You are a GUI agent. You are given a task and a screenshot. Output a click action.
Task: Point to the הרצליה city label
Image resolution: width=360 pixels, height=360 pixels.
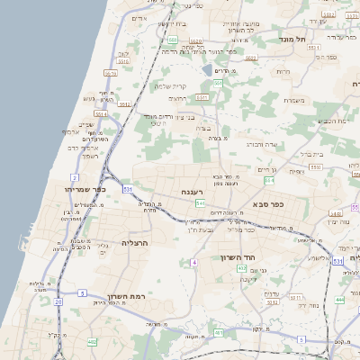tap(133, 243)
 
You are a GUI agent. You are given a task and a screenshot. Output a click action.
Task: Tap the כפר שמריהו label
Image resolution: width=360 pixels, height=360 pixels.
tap(86, 190)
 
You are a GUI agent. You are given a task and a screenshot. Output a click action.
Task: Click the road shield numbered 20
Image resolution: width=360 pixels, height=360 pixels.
tap(58, 301)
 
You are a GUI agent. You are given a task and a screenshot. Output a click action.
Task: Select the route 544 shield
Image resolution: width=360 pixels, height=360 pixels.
tap(200, 204)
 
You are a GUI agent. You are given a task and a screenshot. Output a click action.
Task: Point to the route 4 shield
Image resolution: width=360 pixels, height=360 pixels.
tap(193, 262)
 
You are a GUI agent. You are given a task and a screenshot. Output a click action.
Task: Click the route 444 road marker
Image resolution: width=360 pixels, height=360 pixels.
tap(339, 299)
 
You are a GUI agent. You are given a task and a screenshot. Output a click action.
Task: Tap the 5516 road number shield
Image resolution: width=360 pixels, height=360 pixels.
tap(110, 73)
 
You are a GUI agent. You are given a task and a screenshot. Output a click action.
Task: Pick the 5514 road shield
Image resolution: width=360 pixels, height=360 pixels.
tap(101, 114)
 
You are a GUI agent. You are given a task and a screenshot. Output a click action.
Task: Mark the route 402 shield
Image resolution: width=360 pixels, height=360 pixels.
tap(92, 341)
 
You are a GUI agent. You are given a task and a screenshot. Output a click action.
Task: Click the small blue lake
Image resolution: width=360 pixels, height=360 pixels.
tap(207, 69)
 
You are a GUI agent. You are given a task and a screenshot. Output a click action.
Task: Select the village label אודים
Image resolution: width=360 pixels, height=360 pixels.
tap(139, 18)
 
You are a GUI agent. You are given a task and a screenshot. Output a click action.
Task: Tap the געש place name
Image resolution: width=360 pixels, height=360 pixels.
tap(89, 98)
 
